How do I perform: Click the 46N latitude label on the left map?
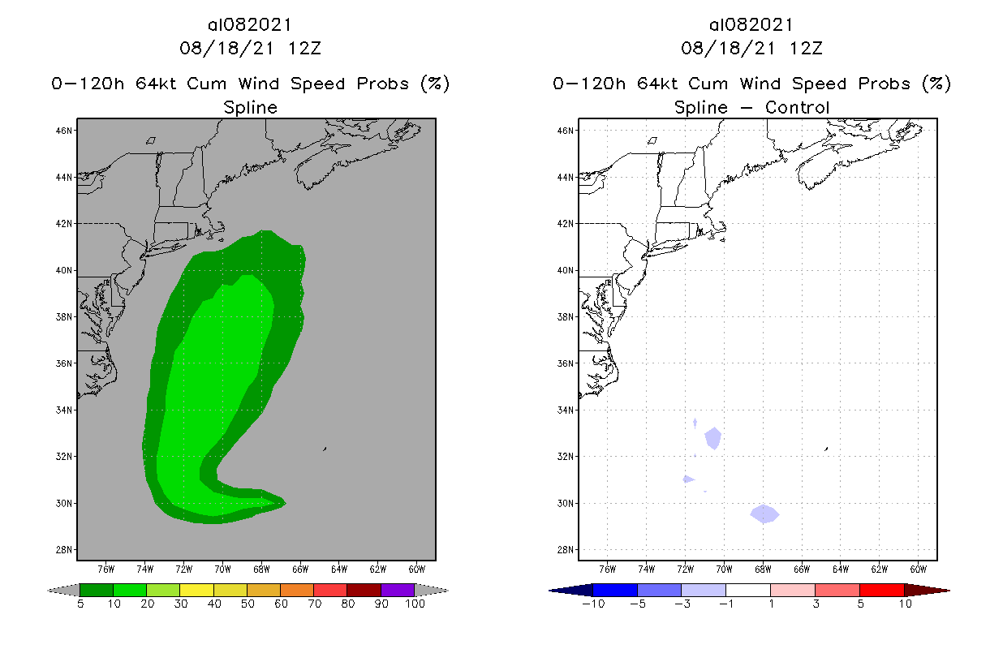click(66, 130)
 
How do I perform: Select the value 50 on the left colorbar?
click(247, 604)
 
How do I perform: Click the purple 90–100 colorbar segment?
click(398, 591)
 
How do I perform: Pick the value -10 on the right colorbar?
click(593, 604)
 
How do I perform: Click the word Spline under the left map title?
click(250, 108)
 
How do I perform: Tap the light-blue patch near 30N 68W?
click(764, 514)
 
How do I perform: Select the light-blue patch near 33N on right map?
click(713, 438)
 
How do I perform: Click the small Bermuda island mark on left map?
click(325, 448)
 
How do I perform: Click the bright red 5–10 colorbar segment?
click(881, 590)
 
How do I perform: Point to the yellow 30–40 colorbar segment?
click(196, 591)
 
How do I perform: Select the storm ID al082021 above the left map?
click(250, 25)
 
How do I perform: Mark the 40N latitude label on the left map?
click(66, 270)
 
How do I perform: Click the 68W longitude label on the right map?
click(763, 568)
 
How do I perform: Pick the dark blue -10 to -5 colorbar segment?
click(615, 590)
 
